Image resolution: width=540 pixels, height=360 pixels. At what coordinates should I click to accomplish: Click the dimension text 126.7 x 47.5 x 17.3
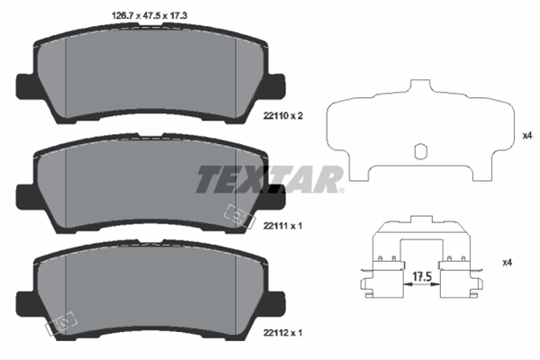149,16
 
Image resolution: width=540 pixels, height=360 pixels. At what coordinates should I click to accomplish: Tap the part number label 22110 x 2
283,116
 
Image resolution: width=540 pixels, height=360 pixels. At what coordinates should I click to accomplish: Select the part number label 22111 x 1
283,226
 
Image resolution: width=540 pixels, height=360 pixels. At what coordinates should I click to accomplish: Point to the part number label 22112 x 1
283,333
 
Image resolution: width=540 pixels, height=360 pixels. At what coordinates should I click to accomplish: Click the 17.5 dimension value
422,276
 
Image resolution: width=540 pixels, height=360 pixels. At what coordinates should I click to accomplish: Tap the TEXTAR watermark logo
270,179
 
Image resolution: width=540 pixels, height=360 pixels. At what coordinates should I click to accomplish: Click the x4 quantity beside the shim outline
527,136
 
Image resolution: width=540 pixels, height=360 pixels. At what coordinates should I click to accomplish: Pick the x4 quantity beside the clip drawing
508,263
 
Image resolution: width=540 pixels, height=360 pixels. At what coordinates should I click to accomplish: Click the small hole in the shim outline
420,151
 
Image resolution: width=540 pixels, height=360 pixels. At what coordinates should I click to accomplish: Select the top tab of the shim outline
420,85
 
